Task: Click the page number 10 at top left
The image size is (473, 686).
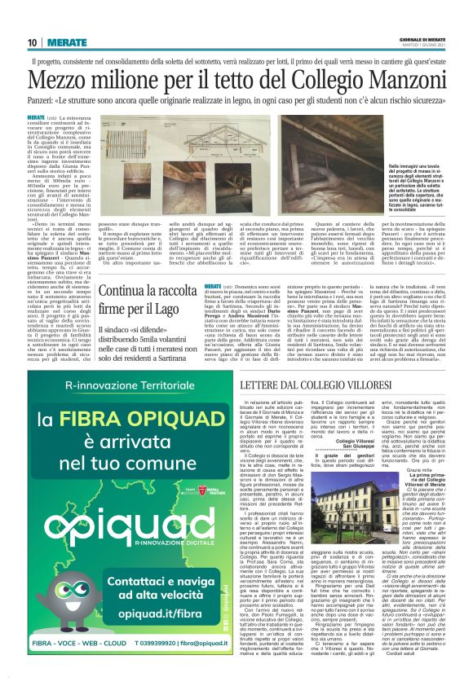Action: pyautogui.click(x=33, y=42)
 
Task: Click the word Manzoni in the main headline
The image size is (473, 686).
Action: pyautogui.click(x=405, y=81)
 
